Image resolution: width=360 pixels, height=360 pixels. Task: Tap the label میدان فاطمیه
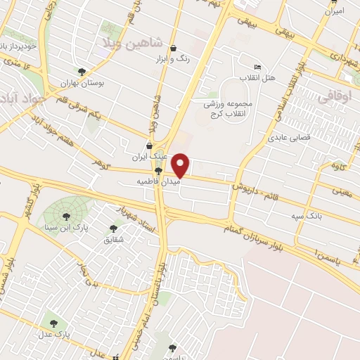pyautogui.click(x=158, y=181)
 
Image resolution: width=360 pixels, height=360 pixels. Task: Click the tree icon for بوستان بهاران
pyautogui.click(x=82, y=72)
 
